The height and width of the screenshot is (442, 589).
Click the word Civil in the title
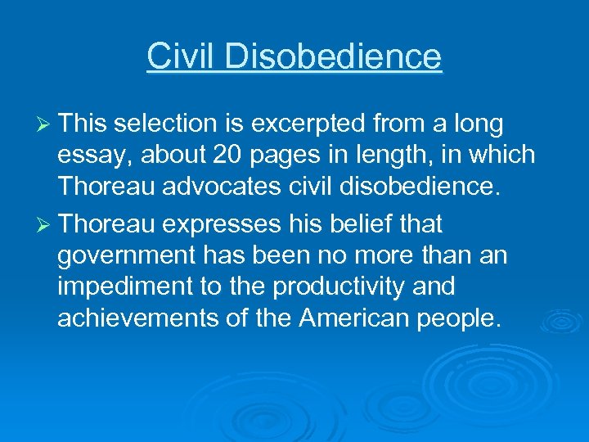click(182, 56)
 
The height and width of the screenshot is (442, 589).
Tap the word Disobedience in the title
click(332, 56)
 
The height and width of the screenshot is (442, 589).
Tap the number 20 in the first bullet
click(215, 156)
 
